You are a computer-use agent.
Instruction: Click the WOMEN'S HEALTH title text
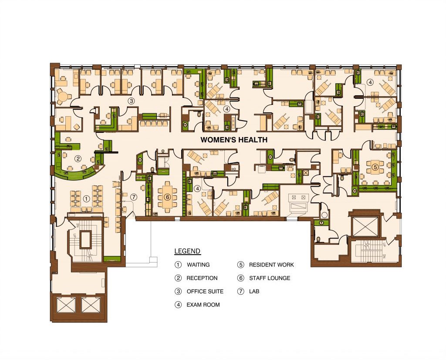coord(234,140)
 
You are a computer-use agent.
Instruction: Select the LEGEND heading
coord(187,251)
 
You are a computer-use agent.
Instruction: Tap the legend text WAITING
coord(198,265)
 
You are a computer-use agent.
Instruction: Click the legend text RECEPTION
coord(202,278)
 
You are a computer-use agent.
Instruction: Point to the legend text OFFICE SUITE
coord(205,292)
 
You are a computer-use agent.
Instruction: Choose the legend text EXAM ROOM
coord(203,305)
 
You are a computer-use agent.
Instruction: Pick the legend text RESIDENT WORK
coord(271,265)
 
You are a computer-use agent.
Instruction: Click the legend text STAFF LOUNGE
coord(270,278)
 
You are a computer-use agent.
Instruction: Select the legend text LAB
coord(254,292)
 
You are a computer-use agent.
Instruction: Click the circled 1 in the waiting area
coord(86,199)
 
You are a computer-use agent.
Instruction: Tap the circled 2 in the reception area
coord(78,159)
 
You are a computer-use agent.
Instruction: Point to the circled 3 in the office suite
coord(131,101)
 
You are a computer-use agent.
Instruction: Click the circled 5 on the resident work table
coord(375,167)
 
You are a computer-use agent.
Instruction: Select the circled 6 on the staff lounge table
coord(167,197)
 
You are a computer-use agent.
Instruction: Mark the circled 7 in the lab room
coord(134,197)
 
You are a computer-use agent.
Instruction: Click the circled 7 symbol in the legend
coord(240,292)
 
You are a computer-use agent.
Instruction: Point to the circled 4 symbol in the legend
coord(178,305)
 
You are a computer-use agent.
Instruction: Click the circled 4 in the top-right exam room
coord(370,82)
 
